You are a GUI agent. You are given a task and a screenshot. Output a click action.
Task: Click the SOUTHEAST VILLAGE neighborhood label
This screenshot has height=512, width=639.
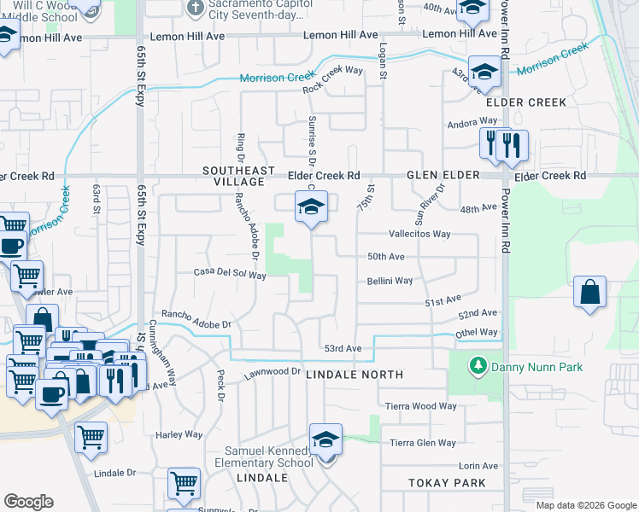[233, 177]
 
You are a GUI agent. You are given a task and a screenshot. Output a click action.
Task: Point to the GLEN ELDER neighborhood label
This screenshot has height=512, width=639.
[439, 175]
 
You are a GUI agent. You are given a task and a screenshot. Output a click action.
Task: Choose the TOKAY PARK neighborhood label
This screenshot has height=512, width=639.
[446, 483]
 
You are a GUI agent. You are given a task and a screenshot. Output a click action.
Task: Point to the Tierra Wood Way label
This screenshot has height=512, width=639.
[420, 406]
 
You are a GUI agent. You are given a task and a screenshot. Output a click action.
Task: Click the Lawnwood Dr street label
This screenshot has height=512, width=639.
[273, 372]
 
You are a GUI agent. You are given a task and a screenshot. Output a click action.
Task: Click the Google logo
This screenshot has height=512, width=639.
[29, 502]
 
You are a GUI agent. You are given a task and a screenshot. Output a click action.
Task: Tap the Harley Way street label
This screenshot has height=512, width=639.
[179, 434]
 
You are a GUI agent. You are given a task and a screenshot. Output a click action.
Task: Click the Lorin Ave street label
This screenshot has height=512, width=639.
[478, 465]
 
